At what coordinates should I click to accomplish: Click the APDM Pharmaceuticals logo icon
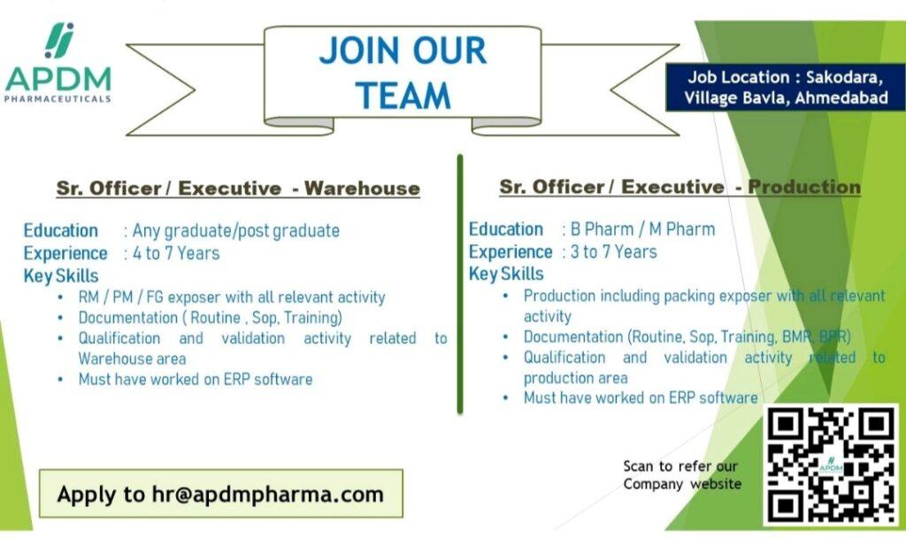point(59,41)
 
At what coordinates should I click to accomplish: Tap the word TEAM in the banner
point(403,96)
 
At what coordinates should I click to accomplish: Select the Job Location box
point(786,87)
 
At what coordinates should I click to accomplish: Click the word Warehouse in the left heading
point(362,189)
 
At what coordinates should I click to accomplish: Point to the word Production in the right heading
point(804,187)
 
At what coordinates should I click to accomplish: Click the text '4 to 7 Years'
point(176,253)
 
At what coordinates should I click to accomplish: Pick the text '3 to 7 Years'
point(614,252)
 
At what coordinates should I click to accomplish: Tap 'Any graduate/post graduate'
point(235,230)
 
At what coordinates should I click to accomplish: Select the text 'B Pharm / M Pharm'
point(642,229)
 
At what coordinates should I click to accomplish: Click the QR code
point(831,465)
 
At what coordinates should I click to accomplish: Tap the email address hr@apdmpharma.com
point(267,495)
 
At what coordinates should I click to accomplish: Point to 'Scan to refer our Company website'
point(682,475)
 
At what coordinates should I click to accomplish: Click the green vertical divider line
point(460,284)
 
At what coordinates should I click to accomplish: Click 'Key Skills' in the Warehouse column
point(61,276)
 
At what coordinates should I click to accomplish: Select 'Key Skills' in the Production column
point(506,273)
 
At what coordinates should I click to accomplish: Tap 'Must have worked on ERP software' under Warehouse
point(196,380)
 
